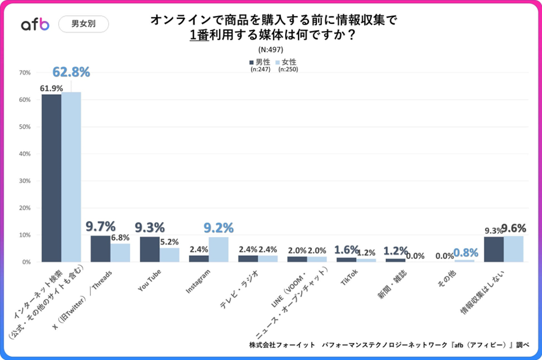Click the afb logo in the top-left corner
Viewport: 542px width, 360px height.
click(x=35, y=24)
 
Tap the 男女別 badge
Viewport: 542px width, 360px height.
click(x=84, y=24)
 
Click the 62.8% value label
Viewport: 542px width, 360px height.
click(x=71, y=72)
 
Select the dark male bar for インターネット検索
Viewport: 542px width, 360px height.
click(x=51, y=178)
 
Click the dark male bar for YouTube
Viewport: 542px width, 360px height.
click(x=150, y=249)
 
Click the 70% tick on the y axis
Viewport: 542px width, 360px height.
click(x=25, y=73)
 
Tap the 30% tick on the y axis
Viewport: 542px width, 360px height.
click(x=25, y=181)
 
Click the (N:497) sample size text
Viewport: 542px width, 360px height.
click(x=271, y=50)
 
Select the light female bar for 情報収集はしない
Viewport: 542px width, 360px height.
click(x=513, y=249)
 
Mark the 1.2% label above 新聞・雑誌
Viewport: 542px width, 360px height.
click(x=395, y=250)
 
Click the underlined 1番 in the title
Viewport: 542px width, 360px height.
click(x=199, y=35)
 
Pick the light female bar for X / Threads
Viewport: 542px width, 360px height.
click(x=120, y=252)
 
